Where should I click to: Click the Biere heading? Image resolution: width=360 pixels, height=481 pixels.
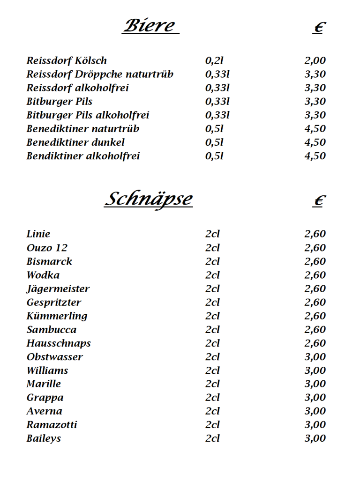point(150,25)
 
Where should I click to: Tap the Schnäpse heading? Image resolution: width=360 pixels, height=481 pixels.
point(148,199)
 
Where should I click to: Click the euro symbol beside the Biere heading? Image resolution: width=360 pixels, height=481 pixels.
point(319,28)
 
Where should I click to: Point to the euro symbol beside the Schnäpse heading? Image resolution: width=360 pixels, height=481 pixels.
point(319,201)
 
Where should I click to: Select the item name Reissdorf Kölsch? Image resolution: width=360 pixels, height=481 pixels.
point(67,60)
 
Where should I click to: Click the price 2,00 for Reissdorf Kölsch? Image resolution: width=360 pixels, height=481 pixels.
point(315,60)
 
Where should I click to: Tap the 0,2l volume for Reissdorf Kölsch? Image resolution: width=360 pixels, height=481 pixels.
point(214,60)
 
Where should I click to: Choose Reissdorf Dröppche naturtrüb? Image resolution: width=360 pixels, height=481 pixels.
point(100,74)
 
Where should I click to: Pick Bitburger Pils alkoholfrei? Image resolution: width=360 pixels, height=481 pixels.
point(88,115)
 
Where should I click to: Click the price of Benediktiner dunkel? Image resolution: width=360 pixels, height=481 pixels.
point(315,142)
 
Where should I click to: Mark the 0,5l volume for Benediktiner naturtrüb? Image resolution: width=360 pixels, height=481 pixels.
point(214,129)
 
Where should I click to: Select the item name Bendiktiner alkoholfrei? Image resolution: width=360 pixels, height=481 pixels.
point(83,156)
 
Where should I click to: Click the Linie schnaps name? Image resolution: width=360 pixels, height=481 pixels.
point(38,234)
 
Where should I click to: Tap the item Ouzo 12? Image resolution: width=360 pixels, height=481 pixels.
point(47,248)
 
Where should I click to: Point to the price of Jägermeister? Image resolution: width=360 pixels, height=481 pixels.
point(315,289)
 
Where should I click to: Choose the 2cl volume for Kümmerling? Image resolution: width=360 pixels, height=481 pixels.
point(212,316)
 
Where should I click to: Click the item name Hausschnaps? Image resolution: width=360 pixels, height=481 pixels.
point(59,343)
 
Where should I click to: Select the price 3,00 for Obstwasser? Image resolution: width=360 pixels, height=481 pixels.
point(315,357)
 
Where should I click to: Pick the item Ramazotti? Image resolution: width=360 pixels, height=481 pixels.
point(52,425)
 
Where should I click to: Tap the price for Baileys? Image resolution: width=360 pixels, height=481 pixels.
point(315,438)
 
